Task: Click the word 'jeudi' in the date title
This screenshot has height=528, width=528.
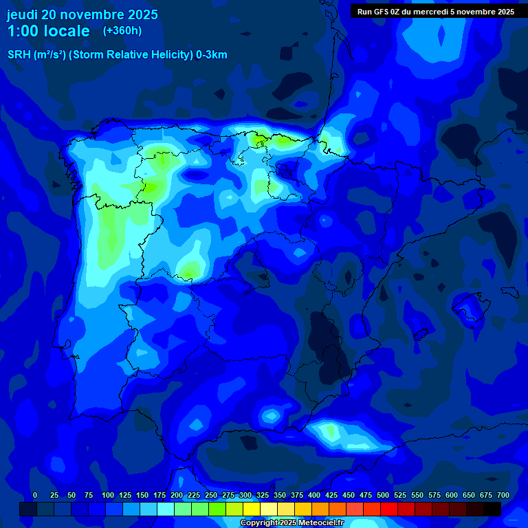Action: (22, 14)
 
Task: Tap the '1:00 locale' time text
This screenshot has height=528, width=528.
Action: (48, 31)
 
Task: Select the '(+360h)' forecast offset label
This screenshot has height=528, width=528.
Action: (122, 31)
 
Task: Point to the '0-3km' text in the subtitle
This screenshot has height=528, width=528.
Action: (211, 55)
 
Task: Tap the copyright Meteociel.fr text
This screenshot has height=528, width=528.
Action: (291, 523)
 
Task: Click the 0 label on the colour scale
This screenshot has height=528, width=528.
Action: (35, 496)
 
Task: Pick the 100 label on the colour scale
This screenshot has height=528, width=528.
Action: (107, 496)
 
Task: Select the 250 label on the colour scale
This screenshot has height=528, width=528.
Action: (210, 496)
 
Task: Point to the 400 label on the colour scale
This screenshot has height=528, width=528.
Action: (314, 496)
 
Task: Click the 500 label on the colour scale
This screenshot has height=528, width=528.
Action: (383, 496)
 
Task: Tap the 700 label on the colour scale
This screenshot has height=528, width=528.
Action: (503, 496)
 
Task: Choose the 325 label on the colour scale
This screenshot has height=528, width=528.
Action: (263, 496)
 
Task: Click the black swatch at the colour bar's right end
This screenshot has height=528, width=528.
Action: (492, 509)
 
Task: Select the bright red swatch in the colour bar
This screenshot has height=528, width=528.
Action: (389, 509)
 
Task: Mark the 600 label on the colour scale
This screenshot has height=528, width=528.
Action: (452, 496)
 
